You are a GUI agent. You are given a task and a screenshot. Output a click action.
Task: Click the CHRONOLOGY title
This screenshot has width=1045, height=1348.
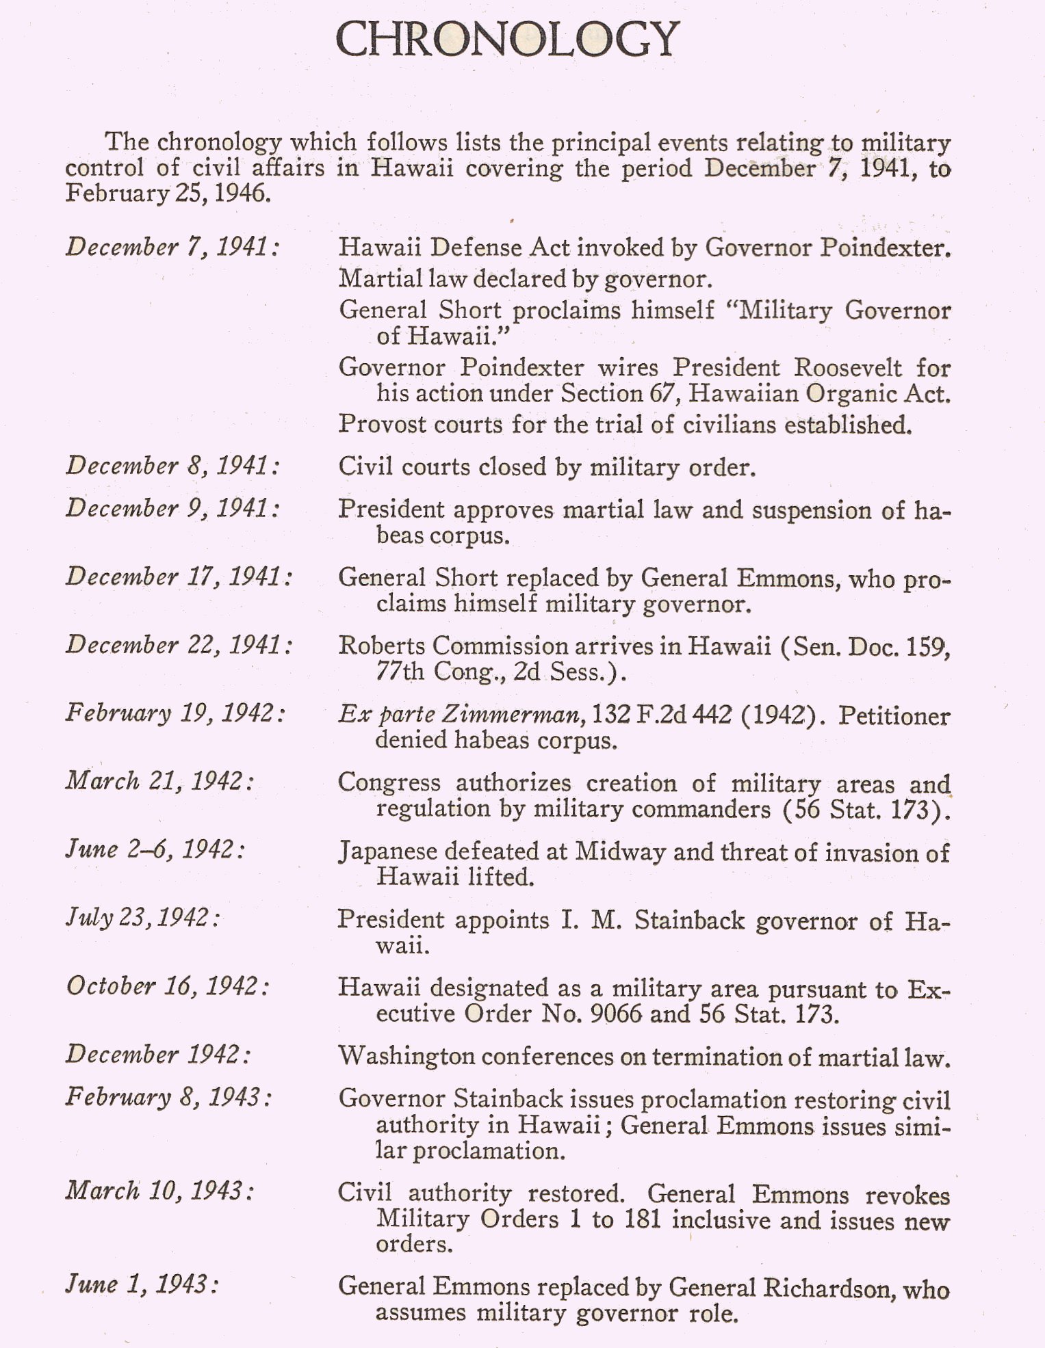tap(507, 39)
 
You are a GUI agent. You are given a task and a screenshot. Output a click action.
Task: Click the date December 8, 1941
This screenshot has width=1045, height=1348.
tap(173, 466)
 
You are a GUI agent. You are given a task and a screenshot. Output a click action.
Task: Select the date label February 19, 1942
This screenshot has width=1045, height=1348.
tap(176, 713)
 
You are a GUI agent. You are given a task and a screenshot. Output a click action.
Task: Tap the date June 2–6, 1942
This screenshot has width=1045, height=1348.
tap(155, 849)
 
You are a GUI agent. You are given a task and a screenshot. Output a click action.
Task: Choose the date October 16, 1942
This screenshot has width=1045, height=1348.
tap(168, 986)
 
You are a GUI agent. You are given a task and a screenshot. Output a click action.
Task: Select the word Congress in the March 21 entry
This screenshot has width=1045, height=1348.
tap(389, 783)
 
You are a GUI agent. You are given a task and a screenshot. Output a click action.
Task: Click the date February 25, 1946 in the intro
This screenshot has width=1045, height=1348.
tap(168, 194)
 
